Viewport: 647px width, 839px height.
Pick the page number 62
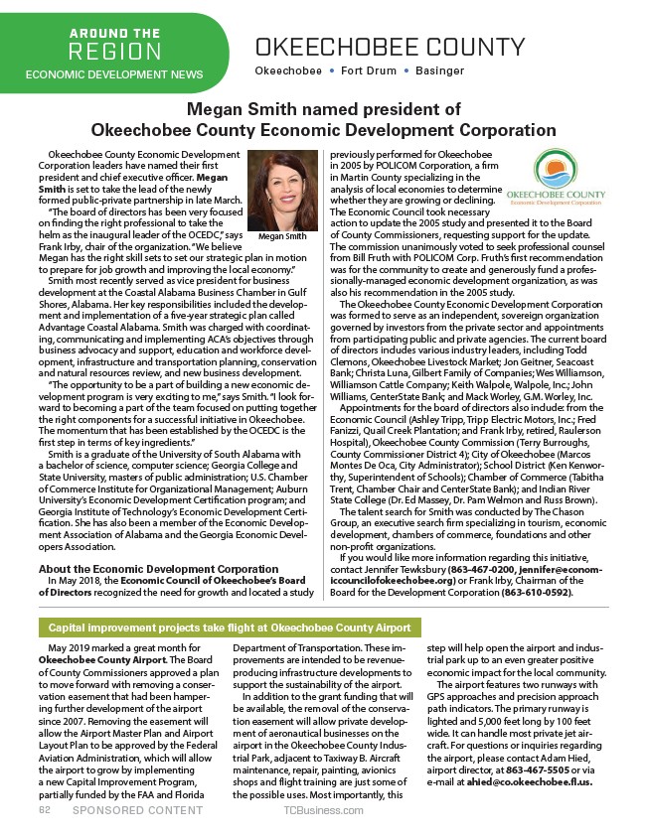[45, 810]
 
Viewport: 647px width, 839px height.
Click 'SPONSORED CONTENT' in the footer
[128, 810]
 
